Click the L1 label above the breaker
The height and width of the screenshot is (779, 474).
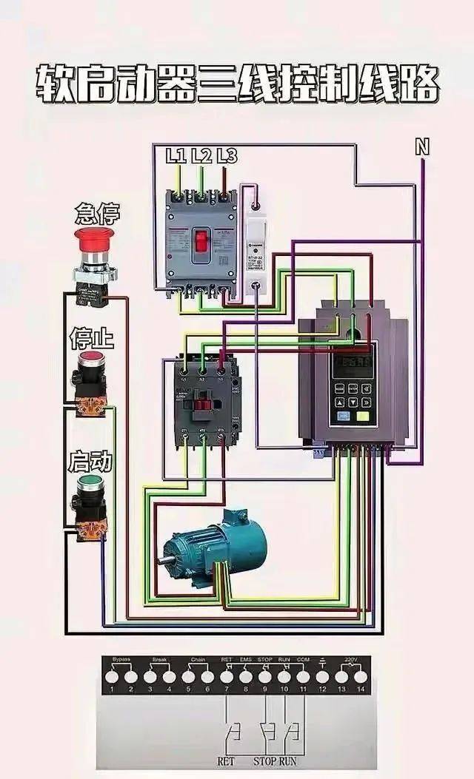tap(176, 155)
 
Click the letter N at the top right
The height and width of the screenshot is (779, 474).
tap(422, 148)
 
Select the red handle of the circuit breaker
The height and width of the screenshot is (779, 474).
tap(201, 240)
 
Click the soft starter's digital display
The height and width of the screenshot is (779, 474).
tap(353, 364)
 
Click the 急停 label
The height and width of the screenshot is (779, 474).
tap(98, 215)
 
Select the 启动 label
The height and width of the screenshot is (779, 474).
tap(90, 463)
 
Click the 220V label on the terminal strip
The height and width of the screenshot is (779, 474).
tap(352, 658)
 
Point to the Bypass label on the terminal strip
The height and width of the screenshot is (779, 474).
tap(121, 658)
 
